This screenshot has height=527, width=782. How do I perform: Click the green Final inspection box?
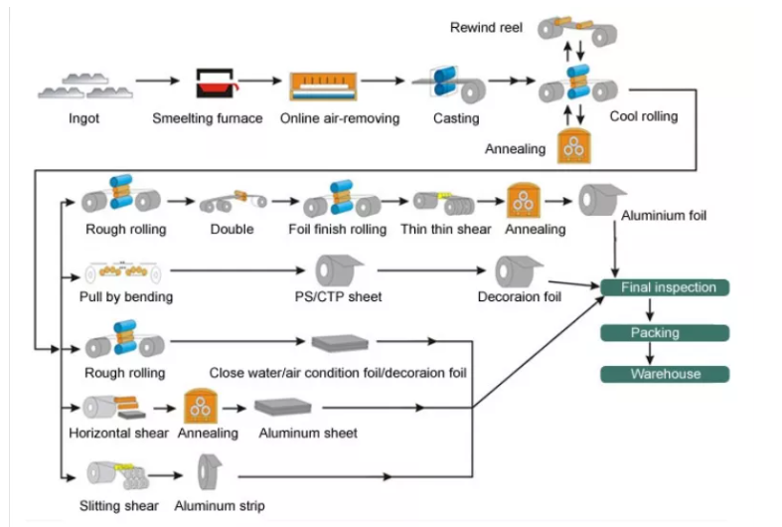[x=665, y=287]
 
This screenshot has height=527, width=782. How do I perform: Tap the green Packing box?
[x=665, y=333]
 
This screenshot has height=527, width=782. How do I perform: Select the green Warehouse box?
[x=665, y=374]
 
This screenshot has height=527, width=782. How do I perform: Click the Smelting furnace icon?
[x=216, y=83]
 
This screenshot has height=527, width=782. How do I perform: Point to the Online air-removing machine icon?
[x=323, y=86]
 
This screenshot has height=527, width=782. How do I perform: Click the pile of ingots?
[x=85, y=86]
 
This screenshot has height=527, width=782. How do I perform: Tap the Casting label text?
[x=456, y=118]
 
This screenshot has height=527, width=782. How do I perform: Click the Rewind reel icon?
[x=577, y=30]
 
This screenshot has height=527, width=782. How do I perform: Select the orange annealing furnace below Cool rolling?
[x=574, y=146]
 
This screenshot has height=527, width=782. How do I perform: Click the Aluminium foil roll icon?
[x=601, y=200]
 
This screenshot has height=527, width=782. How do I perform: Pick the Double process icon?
[x=233, y=201]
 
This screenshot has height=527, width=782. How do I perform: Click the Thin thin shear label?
[x=446, y=229]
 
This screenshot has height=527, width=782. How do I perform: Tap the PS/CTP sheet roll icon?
[x=338, y=270]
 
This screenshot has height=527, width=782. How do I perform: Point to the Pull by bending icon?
[x=122, y=272]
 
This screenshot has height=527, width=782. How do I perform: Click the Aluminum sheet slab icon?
[x=283, y=407]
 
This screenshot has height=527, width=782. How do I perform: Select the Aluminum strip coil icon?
[x=209, y=472]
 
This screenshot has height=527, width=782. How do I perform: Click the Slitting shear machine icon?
[x=117, y=474]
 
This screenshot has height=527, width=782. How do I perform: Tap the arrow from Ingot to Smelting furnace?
[x=158, y=81]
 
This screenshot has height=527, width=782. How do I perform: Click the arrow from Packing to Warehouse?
[x=649, y=353]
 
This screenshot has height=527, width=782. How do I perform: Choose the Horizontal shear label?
[x=118, y=433]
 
